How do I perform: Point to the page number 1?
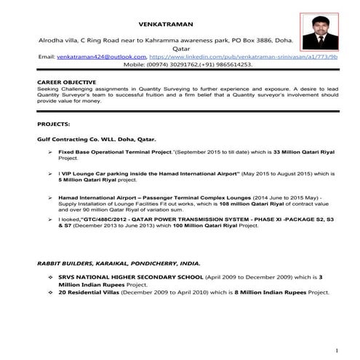tap(338, 348)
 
